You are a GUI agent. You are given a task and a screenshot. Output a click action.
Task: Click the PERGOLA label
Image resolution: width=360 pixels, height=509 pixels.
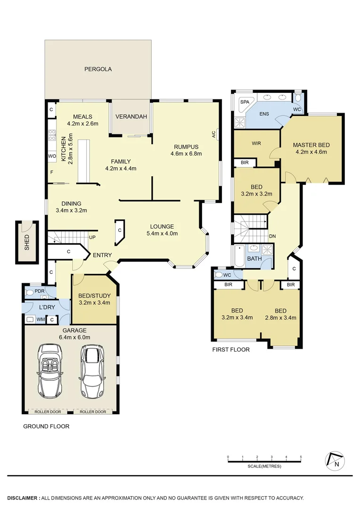(98, 69)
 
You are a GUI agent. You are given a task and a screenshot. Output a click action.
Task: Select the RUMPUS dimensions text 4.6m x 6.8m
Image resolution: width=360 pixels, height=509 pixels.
(186, 153)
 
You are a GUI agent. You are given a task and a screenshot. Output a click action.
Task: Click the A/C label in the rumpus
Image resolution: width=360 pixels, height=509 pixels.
(213, 134)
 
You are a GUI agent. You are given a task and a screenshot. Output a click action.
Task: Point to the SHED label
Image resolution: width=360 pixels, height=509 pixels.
(27, 242)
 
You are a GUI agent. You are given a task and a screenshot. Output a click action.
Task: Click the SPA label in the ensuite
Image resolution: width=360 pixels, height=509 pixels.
(245, 102)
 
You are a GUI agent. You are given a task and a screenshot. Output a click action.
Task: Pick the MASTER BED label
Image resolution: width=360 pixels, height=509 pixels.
(311, 145)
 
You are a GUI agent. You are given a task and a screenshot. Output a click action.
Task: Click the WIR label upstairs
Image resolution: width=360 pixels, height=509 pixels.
(256, 143)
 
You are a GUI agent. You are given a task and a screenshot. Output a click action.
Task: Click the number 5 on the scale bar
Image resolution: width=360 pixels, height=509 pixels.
(301, 457)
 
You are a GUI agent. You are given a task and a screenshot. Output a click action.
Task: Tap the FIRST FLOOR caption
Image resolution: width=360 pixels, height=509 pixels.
(231, 350)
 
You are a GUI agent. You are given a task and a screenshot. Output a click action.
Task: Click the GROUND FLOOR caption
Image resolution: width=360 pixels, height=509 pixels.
(46, 427)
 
